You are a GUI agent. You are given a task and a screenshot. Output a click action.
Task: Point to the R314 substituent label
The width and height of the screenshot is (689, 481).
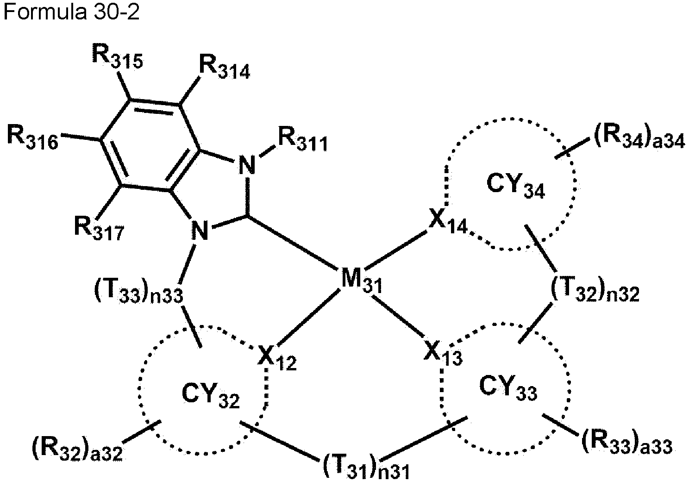click(x=225, y=68)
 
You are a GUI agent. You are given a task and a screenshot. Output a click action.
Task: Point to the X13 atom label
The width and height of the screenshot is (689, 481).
click(x=443, y=354)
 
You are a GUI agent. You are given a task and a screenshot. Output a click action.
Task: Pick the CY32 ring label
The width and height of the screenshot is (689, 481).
click(x=211, y=397)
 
